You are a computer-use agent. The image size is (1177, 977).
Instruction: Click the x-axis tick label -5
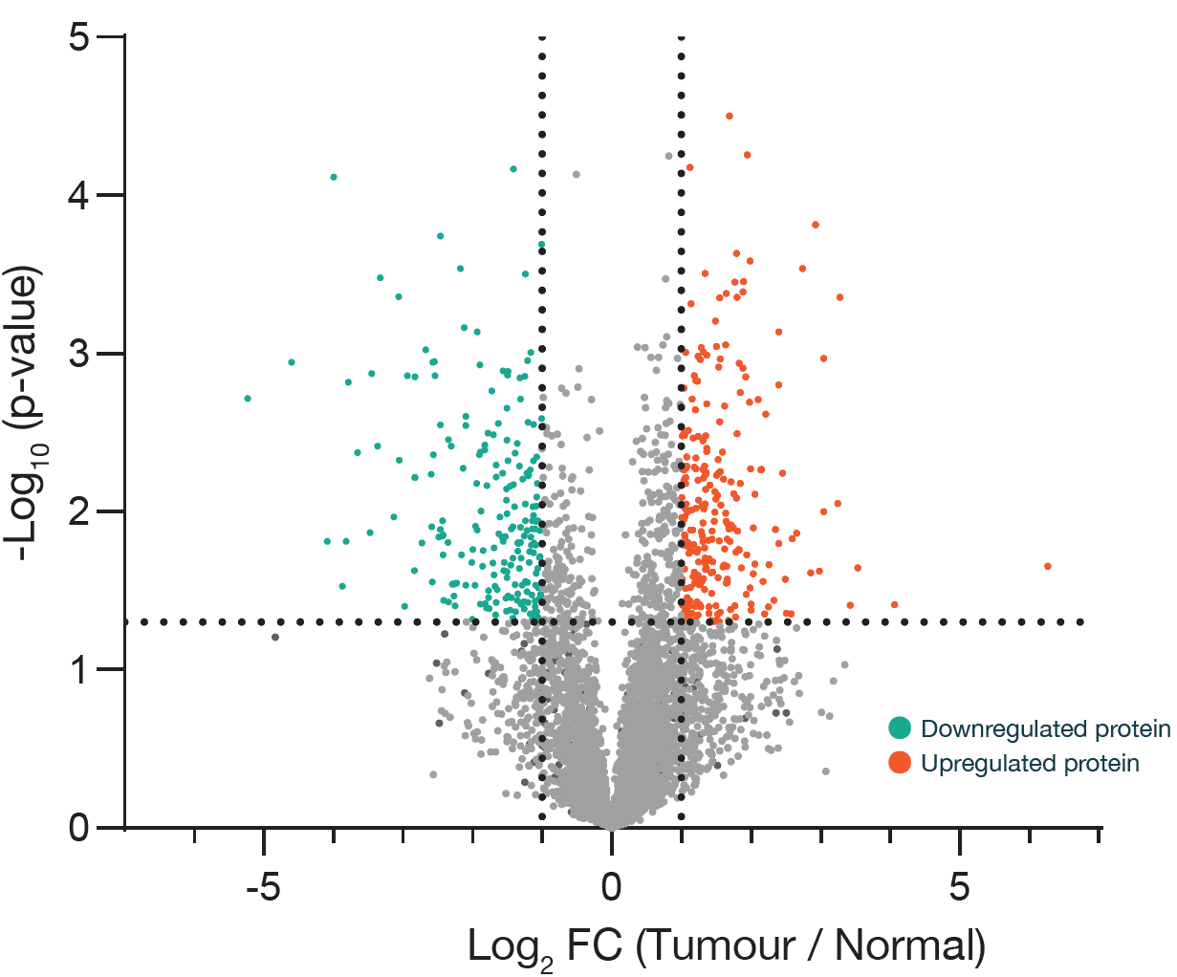point(263,887)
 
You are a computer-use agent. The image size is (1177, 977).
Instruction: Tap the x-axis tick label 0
point(612,887)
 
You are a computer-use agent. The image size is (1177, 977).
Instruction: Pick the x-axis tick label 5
point(960,887)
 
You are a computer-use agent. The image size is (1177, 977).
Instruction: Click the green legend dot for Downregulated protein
point(899,728)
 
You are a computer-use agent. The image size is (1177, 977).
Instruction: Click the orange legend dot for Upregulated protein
point(899,763)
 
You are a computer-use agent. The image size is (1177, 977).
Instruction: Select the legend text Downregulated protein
point(1045,729)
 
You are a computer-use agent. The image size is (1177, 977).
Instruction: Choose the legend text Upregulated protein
point(1030,764)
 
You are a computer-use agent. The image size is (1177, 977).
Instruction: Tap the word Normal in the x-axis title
point(908,945)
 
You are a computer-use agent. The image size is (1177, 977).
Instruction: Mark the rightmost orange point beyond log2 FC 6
point(1048,566)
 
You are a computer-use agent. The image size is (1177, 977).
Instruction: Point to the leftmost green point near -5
point(248,398)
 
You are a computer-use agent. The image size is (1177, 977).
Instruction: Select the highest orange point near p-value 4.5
point(730,116)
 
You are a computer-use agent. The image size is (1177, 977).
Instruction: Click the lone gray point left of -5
point(275,637)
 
